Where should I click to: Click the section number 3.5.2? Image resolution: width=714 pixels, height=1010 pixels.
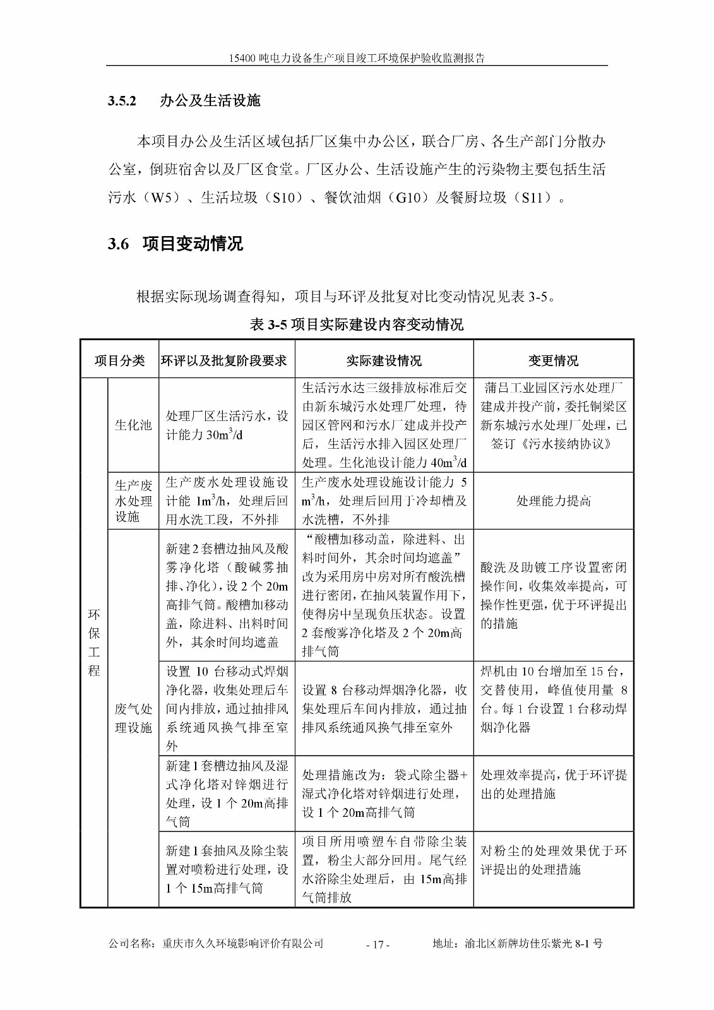tap(122, 101)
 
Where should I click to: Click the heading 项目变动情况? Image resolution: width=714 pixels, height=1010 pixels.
tap(193, 244)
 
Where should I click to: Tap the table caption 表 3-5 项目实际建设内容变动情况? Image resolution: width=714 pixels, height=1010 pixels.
tap(357, 324)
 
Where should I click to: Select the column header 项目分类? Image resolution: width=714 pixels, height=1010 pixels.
tap(119, 360)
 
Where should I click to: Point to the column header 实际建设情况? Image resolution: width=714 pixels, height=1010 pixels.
tap(383, 360)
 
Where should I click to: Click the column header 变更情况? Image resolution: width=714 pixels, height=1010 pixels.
tap(553, 360)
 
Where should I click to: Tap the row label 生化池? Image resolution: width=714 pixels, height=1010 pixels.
tap(133, 425)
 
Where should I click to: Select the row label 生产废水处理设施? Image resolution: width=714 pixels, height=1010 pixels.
tap(133, 501)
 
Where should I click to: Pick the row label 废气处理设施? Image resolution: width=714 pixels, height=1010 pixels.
tap(133, 718)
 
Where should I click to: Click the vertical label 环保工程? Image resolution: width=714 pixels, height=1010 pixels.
tap(94, 643)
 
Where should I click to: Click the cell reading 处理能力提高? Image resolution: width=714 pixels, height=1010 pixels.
tap(553, 501)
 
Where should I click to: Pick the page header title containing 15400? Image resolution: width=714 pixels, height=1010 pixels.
tap(357, 58)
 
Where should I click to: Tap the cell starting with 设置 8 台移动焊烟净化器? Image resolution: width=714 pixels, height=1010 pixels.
tap(384, 708)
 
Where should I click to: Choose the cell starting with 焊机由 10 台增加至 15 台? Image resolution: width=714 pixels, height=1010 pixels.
tap(553, 699)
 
